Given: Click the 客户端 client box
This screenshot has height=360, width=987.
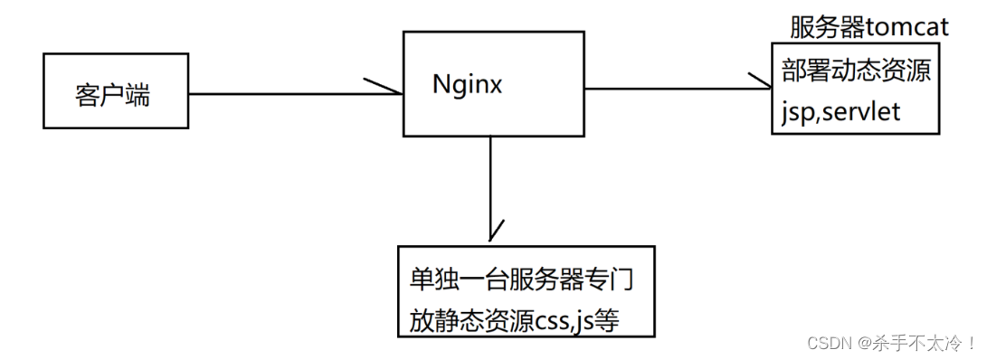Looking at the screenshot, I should click(116, 90).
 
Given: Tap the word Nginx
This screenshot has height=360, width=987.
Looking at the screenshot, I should click(467, 84).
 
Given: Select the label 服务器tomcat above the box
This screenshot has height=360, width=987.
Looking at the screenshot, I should click(868, 27).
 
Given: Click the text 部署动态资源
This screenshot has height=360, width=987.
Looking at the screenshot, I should click(855, 71).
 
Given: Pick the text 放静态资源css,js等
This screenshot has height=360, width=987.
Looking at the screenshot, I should click(513, 320).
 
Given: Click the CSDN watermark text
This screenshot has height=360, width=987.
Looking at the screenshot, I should click(824, 343).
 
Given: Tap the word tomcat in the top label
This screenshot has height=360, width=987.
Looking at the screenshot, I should click(907, 27).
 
